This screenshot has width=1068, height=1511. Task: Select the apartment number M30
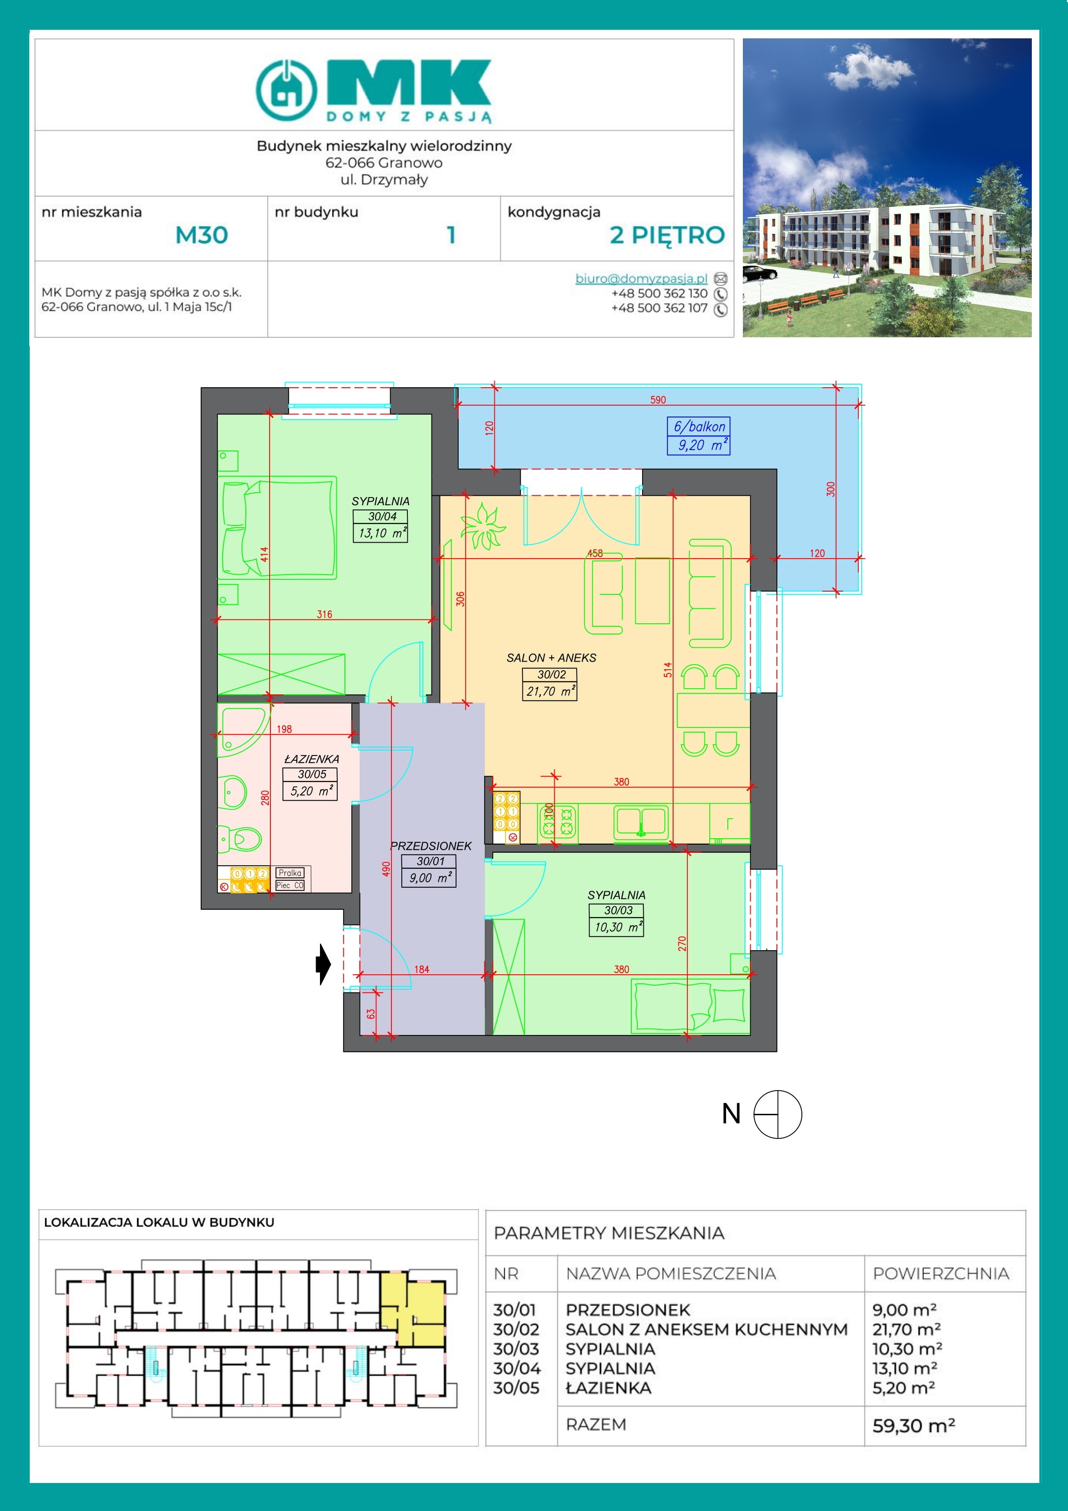[x=202, y=235]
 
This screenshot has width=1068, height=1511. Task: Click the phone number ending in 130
[x=659, y=293]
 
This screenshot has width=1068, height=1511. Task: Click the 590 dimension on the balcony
[x=658, y=399]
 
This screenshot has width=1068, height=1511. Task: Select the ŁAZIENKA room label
[x=311, y=759]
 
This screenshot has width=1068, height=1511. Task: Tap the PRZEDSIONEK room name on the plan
[x=431, y=846]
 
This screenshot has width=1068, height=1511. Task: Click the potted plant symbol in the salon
[x=483, y=526]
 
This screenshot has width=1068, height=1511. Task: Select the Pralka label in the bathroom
[x=289, y=873]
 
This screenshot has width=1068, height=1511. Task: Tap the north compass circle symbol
[x=778, y=1114]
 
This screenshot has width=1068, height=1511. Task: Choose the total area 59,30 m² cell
[x=914, y=1425]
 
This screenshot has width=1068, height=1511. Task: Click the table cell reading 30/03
[x=516, y=1349]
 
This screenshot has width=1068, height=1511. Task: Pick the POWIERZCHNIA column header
[x=941, y=1273]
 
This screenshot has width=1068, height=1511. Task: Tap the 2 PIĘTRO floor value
[x=667, y=235]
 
